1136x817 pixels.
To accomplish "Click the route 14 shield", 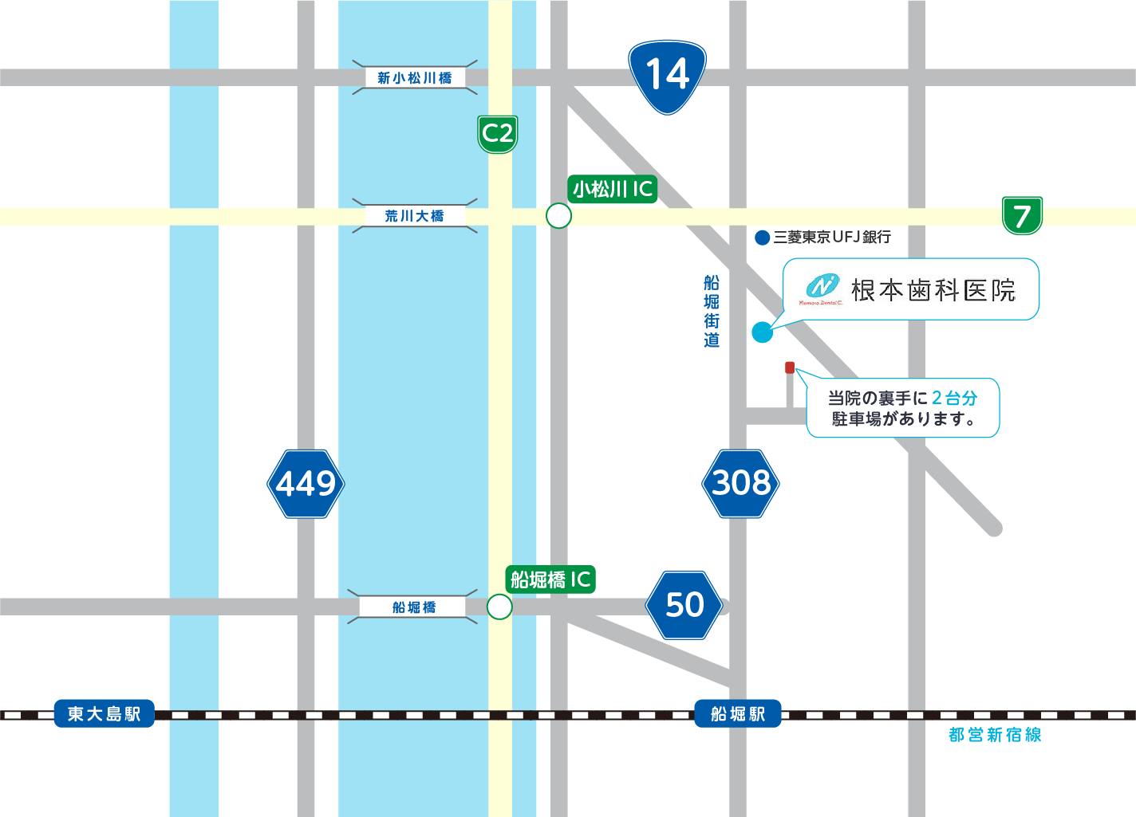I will click(667, 76).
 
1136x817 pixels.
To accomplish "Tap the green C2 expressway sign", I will click(498, 134).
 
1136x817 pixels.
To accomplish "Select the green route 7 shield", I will click(1022, 215).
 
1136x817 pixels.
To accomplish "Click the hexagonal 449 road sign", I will click(306, 484).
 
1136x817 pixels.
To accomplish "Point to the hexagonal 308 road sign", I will click(740, 483).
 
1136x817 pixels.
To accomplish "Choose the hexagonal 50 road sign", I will click(684, 605).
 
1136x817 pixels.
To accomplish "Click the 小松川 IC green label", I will click(612, 190).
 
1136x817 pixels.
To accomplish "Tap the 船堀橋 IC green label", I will click(550, 579).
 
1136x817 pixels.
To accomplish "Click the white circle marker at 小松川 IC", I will click(558, 216).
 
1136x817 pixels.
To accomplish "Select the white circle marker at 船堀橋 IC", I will click(499, 607).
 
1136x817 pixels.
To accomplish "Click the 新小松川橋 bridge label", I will click(414, 78).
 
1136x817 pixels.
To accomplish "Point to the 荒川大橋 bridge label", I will click(414, 216).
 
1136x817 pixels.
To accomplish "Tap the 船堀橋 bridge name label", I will click(414, 607).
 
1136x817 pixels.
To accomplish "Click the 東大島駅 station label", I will click(104, 714).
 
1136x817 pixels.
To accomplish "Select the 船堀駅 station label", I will click(737, 714).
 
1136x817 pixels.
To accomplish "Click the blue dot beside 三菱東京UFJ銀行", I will click(762, 238).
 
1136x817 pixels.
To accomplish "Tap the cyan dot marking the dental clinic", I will click(762, 332).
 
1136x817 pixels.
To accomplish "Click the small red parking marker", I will click(790, 367).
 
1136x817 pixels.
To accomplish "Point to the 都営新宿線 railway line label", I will click(995, 735).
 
